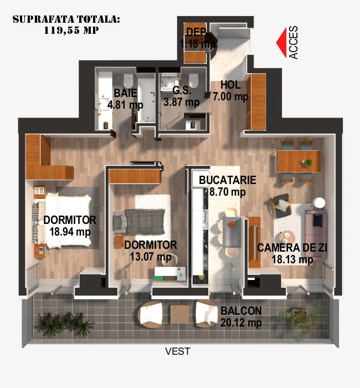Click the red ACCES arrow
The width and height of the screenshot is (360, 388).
pyautogui.click(x=281, y=43)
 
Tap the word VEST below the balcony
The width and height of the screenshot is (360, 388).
pyautogui.click(x=178, y=351)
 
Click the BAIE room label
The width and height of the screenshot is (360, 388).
pyautogui.click(x=125, y=93)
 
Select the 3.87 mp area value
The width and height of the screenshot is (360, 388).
pyautogui.click(x=182, y=102)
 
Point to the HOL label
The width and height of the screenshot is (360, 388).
pyautogui.click(x=230, y=85)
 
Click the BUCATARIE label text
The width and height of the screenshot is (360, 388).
pyautogui.click(x=228, y=180)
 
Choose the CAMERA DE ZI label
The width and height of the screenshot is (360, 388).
pyautogui.click(x=292, y=248)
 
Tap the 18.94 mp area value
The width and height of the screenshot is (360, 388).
pyautogui.click(x=70, y=232)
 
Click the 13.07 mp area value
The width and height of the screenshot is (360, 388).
pyautogui.click(x=151, y=257)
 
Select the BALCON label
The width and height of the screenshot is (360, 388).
pyautogui.click(x=241, y=311)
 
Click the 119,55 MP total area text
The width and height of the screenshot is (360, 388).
pyautogui.click(x=71, y=30)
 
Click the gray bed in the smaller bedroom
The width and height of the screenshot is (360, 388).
pyautogui.click(x=139, y=222)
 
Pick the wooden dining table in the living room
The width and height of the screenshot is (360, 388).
pyautogui.click(x=299, y=161)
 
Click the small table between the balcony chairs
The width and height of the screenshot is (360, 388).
pyautogui.click(x=179, y=314)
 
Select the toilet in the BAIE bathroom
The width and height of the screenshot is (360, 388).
pyautogui.click(x=128, y=80)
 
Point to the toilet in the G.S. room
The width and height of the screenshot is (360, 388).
pyautogui.click(x=194, y=80)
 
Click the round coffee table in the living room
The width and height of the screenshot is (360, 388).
pyautogui.click(x=287, y=237)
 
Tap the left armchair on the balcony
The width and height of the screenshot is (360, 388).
pyautogui.click(x=151, y=314)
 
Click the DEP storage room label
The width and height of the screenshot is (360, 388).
pyautogui.click(x=196, y=32)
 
